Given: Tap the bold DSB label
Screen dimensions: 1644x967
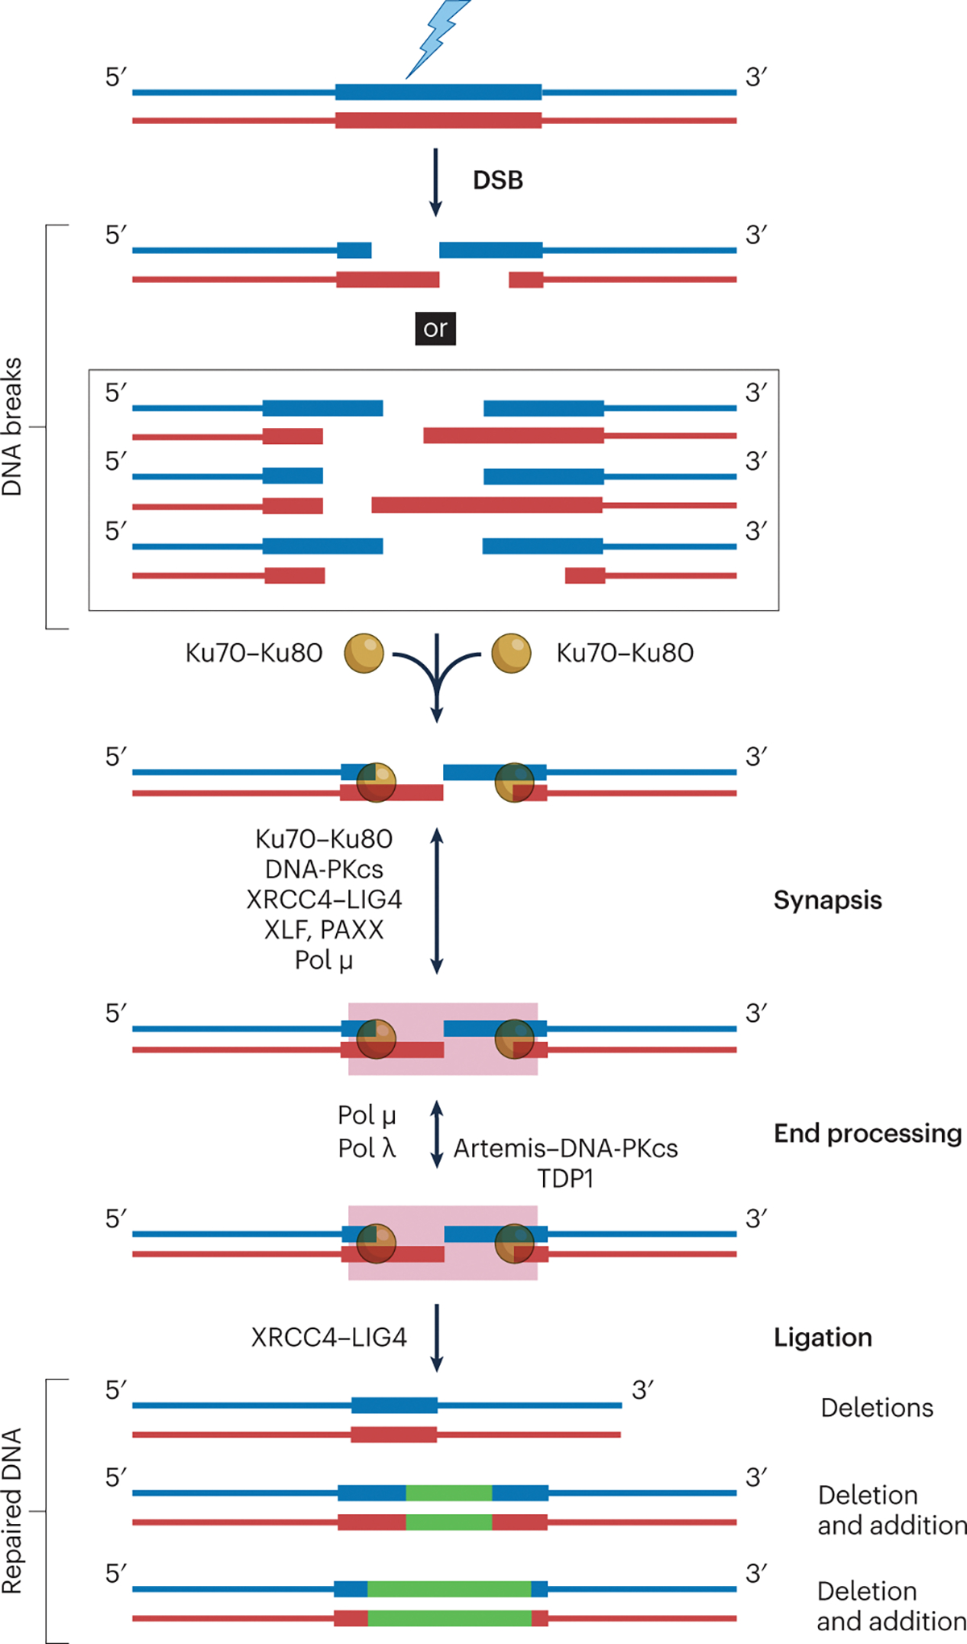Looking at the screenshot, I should point(498,180).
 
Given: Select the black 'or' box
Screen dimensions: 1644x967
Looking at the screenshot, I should point(435,329).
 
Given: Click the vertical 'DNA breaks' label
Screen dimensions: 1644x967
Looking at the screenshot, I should point(12,426).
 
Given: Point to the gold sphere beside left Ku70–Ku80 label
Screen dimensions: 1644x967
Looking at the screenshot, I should point(364,653).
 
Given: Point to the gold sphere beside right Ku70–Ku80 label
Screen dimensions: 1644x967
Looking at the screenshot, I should point(511,653).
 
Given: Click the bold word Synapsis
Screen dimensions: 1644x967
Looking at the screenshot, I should point(828,900).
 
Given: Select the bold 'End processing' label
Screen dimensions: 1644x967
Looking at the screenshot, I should point(868,1133).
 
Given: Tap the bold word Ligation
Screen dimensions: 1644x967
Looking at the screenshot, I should point(823,1337).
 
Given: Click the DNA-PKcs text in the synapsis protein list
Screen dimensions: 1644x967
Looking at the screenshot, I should point(324,870).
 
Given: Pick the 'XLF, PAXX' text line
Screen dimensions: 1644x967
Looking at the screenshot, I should point(324,930).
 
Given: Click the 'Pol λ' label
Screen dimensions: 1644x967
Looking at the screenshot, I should point(367,1148).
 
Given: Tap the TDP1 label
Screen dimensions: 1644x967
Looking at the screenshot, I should point(566,1179).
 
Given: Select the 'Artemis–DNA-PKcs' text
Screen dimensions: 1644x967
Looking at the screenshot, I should point(566,1148).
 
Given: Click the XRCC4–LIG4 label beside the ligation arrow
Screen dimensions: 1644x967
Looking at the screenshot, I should point(329,1337).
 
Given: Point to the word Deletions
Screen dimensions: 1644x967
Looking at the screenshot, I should point(877,1407).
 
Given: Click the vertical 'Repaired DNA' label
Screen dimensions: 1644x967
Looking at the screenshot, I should point(12,1511).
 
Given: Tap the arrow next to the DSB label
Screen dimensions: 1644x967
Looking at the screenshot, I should point(436,182).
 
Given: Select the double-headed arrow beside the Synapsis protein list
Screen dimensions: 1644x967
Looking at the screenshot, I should point(437,900).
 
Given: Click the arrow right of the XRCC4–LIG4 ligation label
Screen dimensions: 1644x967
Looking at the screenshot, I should point(437,1337).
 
